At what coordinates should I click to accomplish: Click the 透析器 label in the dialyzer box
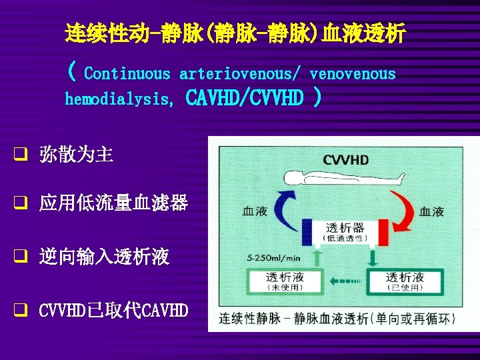(345, 227)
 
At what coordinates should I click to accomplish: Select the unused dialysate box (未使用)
(285, 281)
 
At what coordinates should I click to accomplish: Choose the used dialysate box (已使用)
(405, 281)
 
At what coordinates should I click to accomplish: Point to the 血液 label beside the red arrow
(432, 211)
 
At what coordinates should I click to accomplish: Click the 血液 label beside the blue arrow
(254, 211)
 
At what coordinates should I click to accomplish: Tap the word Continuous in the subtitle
(127, 74)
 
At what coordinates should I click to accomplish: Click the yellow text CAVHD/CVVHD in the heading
(243, 99)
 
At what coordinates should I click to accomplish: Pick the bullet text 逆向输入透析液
(104, 257)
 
